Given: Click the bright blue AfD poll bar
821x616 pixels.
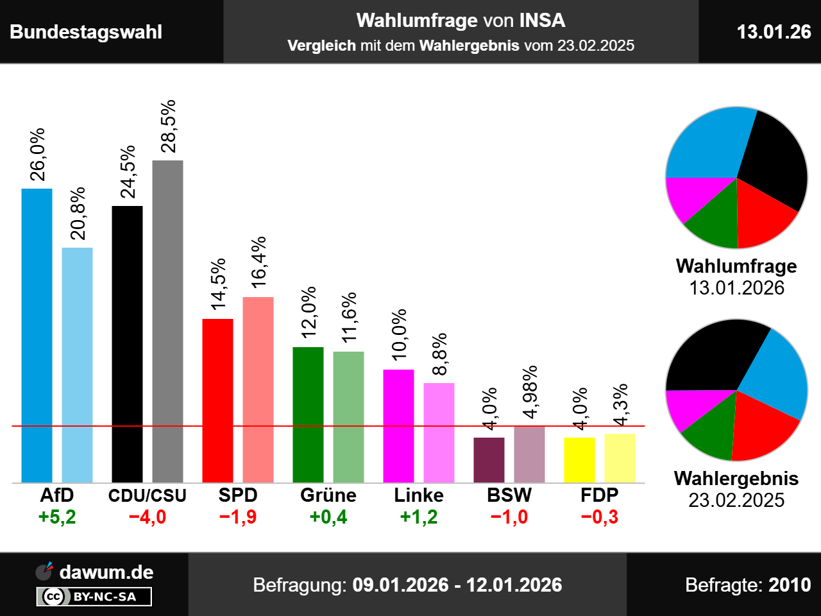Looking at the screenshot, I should (x=37, y=335).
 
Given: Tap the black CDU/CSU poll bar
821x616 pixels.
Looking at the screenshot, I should (x=127, y=344).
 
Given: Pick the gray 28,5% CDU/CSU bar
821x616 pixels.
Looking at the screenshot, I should (x=167, y=321).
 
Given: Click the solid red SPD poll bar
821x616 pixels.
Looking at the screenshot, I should (x=217, y=400).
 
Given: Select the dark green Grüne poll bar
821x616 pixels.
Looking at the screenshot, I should (x=308, y=415).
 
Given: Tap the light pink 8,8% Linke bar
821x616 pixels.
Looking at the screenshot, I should (x=439, y=432).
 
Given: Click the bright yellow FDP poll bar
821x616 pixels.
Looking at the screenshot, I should (x=579, y=459).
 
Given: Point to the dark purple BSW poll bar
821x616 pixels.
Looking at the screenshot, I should (x=489, y=459).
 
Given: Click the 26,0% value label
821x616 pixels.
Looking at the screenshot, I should (x=38, y=155).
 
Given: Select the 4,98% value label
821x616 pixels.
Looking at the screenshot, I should (x=530, y=392).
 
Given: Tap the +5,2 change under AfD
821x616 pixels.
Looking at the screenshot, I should (x=57, y=517).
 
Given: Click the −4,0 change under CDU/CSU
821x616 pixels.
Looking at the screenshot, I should (x=148, y=517).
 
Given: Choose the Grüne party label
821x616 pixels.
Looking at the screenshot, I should (x=328, y=495).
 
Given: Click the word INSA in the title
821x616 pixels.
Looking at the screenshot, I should (x=542, y=21).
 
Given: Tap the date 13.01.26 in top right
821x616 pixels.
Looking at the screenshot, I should (x=774, y=31).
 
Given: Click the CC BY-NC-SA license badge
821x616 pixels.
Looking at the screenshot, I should (x=94, y=597).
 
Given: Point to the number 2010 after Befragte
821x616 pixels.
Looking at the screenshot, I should (x=790, y=585).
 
